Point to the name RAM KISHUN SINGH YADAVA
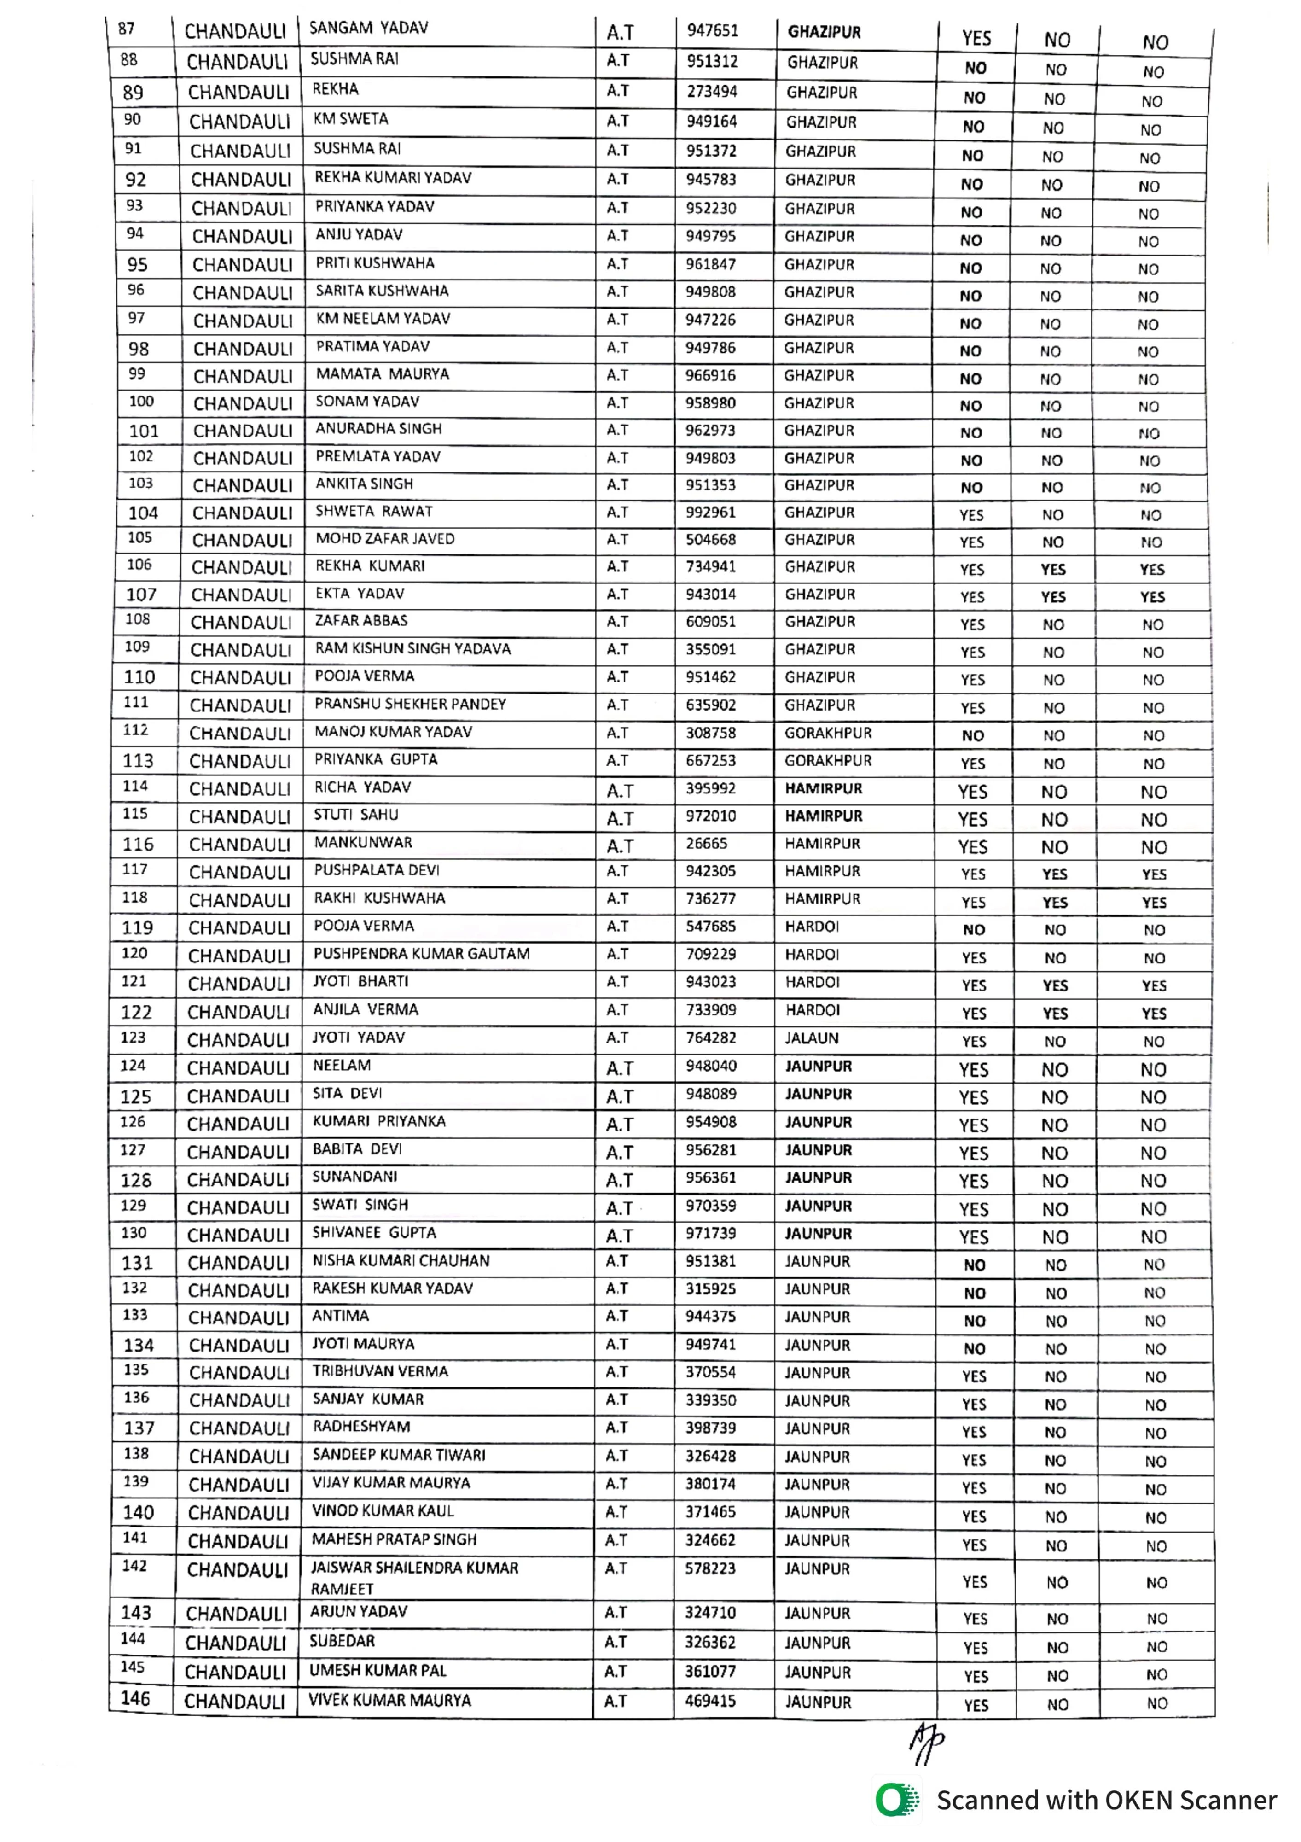pos(412,648)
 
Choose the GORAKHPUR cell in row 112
pos(828,733)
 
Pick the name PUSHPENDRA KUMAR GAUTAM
pos(421,954)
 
